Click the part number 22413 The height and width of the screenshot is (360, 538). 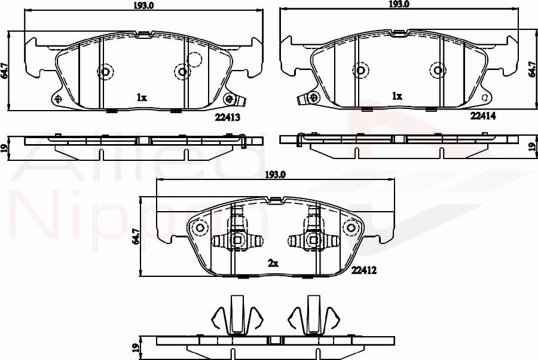tap(227, 118)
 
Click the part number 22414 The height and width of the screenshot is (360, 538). tap(483, 116)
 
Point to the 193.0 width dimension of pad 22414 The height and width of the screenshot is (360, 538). tap(399, 4)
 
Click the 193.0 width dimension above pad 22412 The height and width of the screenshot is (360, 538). tap(276, 175)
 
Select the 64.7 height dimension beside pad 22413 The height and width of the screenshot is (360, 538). tap(5, 71)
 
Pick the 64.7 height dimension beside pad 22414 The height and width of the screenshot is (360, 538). tap(532, 71)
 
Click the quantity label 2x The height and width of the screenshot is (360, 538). tap(274, 263)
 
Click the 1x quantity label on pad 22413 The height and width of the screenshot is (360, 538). tap(142, 97)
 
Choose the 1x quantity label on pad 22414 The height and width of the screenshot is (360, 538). tap(396, 96)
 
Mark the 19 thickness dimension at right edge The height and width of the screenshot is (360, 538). tap(532, 147)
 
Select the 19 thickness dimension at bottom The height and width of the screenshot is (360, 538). tap(136, 347)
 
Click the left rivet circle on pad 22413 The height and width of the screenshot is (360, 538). tap(106, 72)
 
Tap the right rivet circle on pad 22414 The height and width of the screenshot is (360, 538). tap(438, 71)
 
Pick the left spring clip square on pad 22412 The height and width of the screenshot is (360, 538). tap(237, 240)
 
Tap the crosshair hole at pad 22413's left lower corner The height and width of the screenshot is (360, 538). tap(58, 99)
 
